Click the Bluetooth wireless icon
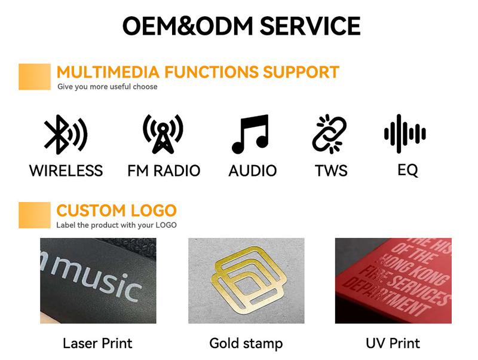pyautogui.click(x=66, y=134)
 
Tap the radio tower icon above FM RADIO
pyautogui.click(x=163, y=134)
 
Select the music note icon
pyautogui.click(x=250, y=134)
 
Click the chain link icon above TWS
pyautogui.click(x=330, y=134)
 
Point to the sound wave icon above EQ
pyautogui.click(x=405, y=133)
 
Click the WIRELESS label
pyautogui.click(x=66, y=170)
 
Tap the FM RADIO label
pyautogui.click(x=164, y=170)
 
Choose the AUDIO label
pyautogui.click(x=253, y=170)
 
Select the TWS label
pyautogui.click(x=331, y=170)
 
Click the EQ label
pyautogui.click(x=408, y=170)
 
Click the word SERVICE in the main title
pyautogui.click(x=310, y=26)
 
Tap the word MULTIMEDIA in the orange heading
pyautogui.click(x=108, y=72)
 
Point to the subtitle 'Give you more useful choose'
pyautogui.click(x=108, y=87)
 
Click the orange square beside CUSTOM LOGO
pyautogui.click(x=35, y=215)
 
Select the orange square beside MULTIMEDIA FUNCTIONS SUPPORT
pyautogui.click(x=35, y=77)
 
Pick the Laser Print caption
pyautogui.click(x=97, y=343)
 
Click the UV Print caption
pyautogui.click(x=393, y=343)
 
